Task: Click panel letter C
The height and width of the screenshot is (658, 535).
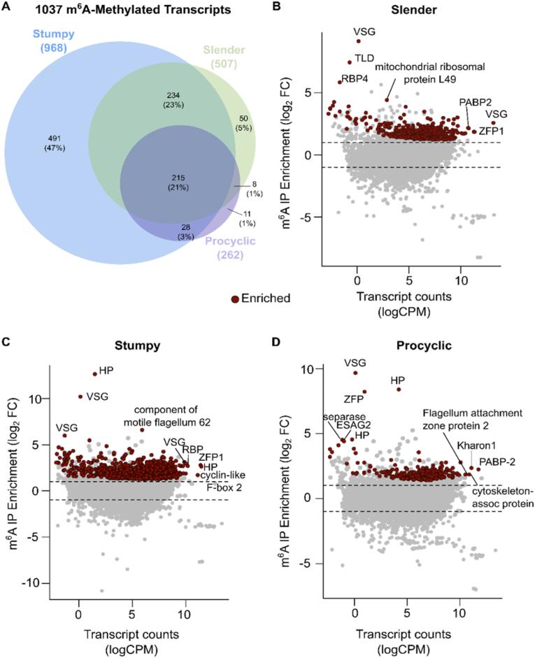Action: [x=6, y=341]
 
